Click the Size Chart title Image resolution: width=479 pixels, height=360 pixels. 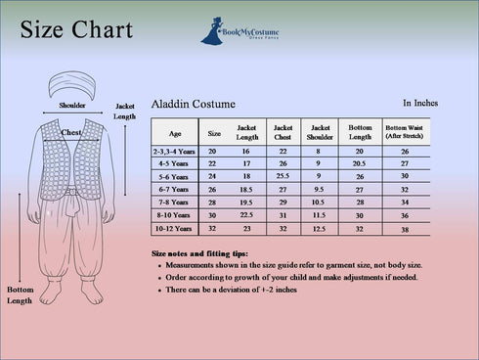(76, 30)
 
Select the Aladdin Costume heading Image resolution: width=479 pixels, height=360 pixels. (193, 104)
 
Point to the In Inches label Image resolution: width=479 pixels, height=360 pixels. (420, 102)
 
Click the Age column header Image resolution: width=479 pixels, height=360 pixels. (175, 132)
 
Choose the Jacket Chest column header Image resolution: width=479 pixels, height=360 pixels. (283, 131)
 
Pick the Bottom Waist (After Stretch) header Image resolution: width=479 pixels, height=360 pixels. (405, 131)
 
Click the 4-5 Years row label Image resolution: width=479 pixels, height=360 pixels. (175, 163)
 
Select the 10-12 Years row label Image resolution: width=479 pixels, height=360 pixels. (175, 228)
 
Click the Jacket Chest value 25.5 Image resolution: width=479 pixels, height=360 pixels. (283, 176)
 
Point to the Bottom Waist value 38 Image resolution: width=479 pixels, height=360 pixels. (405, 229)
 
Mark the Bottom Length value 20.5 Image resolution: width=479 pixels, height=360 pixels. (359, 163)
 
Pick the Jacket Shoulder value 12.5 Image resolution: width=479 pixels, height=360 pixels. (320, 229)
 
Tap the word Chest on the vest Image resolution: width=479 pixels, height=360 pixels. (71, 131)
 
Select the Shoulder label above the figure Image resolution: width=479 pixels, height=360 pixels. (71, 104)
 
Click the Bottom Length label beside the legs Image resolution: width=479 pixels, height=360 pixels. (20, 295)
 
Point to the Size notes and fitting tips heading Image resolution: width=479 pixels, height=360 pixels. (199, 253)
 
